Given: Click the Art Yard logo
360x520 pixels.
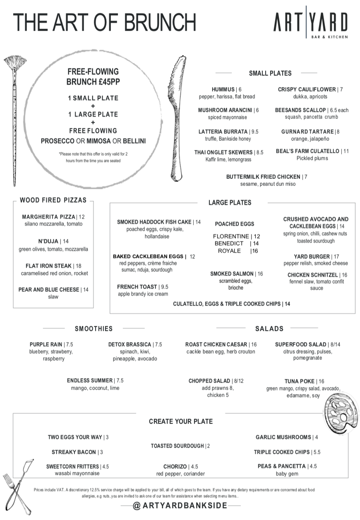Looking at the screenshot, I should coord(310,23).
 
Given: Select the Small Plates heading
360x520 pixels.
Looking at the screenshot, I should coord(270,73).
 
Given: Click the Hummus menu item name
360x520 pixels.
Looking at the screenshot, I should coord(223,89).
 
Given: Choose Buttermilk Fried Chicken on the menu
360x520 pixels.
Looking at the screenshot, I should coord(263,177).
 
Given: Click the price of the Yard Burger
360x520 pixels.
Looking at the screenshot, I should coord(336,257).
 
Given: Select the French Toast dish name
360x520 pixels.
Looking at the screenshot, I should coord(137,287).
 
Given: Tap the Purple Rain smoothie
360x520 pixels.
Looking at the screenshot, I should coord(46,344).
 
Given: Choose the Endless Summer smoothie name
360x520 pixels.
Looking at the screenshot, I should coord(90,380).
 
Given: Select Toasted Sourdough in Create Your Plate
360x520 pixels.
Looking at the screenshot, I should coord(177,446).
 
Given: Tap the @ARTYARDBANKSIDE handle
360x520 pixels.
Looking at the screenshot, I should coord(180,506).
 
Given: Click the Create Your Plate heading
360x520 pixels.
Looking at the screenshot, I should coord(180,421).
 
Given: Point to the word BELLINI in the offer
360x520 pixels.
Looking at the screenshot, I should coord(132,141).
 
